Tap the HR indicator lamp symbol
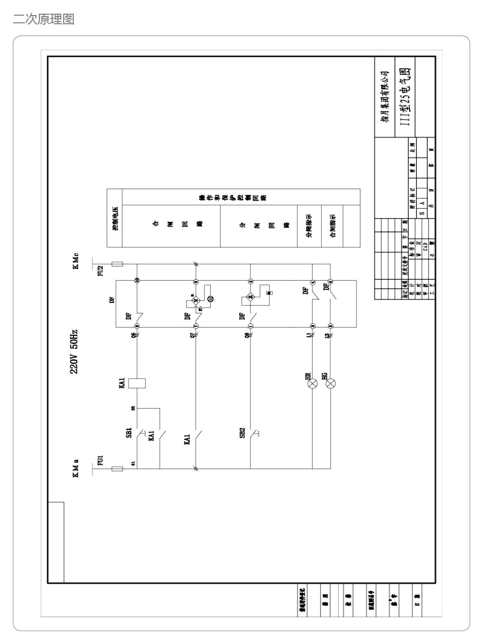point(313,383)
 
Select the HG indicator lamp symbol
point(331,383)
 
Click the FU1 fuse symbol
point(117,469)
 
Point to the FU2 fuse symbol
point(117,264)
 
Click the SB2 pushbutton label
point(242,433)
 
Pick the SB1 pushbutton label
point(129,433)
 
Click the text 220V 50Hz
point(74,351)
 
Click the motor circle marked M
point(211,298)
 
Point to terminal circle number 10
point(137,281)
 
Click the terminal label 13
point(327,336)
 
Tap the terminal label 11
point(309,336)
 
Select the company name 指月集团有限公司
point(385,97)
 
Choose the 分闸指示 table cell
point(309,226)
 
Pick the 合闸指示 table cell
point(333,226)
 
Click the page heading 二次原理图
point(44,19)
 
